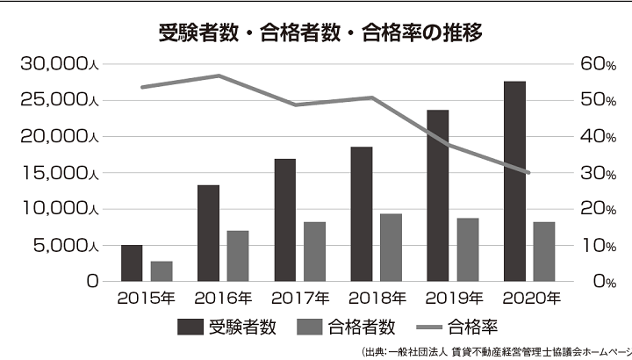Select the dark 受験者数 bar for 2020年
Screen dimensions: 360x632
(514, 181)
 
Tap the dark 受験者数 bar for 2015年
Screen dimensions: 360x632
(132, 263)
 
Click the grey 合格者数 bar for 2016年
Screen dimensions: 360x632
(238, 256)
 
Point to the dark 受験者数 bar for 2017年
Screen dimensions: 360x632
(284, 220)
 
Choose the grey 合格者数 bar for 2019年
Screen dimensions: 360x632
(468, 249)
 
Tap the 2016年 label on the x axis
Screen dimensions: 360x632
(223, 299)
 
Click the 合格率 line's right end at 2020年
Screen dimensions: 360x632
(528, 173)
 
